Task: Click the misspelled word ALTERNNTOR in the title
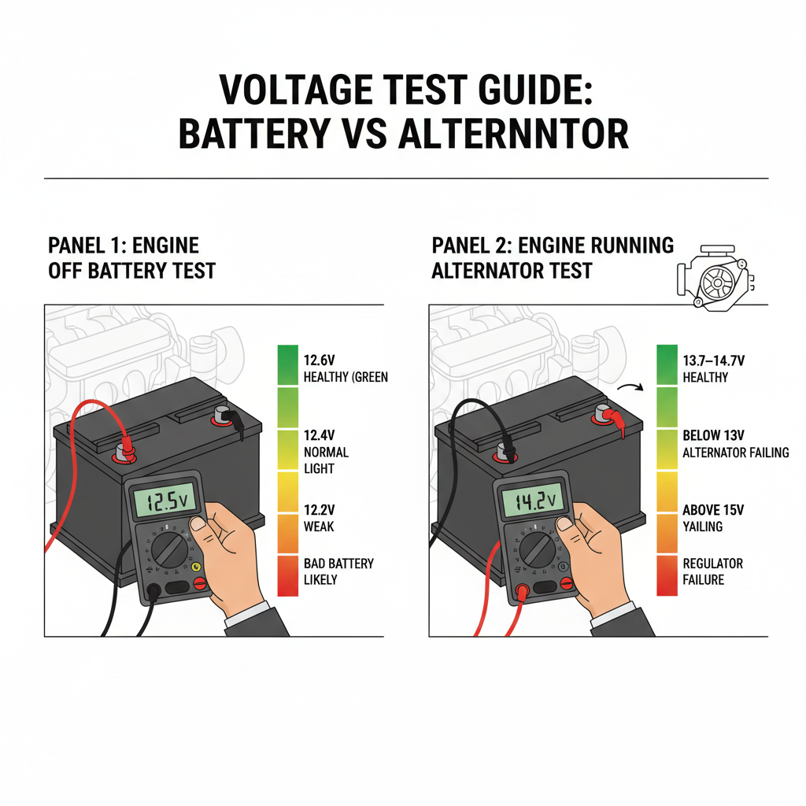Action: pyautogui.click(x=513, y=134)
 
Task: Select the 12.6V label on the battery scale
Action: pyautogui.click(x=319, y=360)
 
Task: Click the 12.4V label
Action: pyautogui.click(x=319, y=435)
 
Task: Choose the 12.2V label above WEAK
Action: pyautogui.click(x=319, y=510)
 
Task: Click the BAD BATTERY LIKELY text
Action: pyautogui.click(x=338, y=571)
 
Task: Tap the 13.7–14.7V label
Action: pyautogui.click(x=713, y=360)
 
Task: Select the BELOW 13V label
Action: pyautogui.click(x=713, y=435)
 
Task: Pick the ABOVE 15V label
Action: pyautogui.click(x=713, y=510)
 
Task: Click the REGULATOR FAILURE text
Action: pyautogui.click(x=712, y=571)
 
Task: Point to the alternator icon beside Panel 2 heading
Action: pyautogui.click(x=715, y=278)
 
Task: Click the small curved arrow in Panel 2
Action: pyautogui.click(x=630, y=386)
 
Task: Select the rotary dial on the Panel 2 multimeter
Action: pyautogui.click(x=537, y=549)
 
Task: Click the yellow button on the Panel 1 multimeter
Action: pyautogui.click(x=196, y=567)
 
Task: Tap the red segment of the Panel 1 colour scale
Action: pyautogui.click(x=288, y=575)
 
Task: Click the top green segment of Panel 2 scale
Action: pyautogui.click(x=667, y=365)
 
